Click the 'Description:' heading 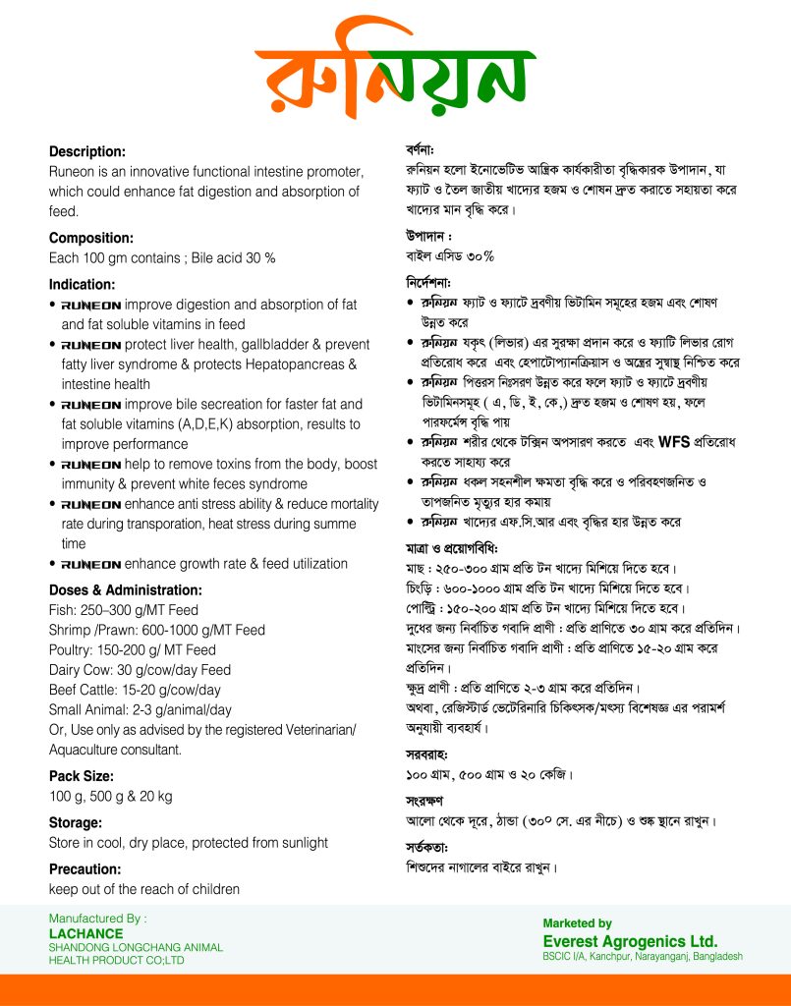point(87,152)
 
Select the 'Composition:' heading point(91,238)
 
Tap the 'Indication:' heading point(82,285)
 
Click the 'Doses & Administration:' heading point(126,590)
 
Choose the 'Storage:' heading point(76,822)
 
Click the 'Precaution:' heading point(85,869)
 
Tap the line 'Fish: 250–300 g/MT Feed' point(124,610)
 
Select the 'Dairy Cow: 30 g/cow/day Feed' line point(141,670)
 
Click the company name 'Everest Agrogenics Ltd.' point(630,940)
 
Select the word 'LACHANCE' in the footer point(86,933)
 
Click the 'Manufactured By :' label point(97,919)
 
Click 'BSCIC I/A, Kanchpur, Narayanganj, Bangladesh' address point(643,956)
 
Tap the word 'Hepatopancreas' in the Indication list point(299,364)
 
